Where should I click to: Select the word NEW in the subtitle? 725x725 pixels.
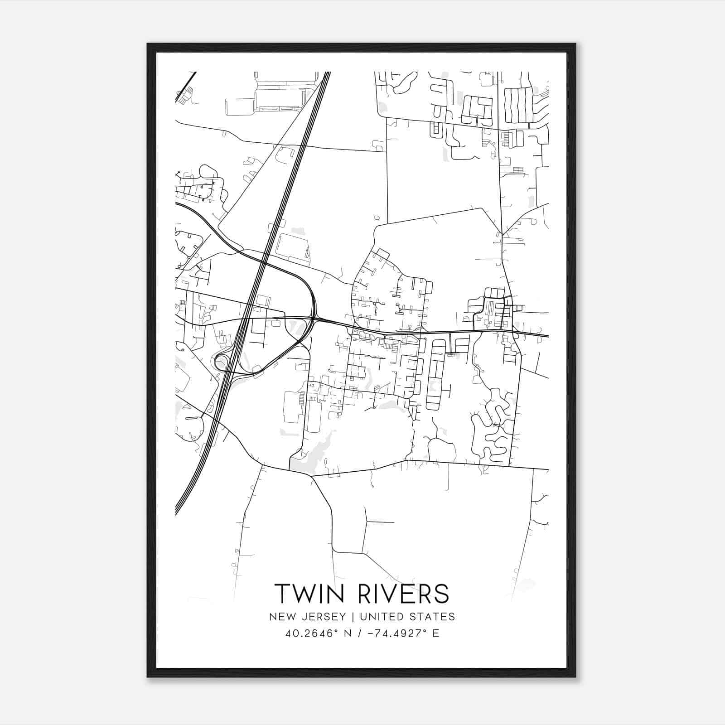(x=280, y=617)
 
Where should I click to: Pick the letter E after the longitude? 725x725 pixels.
(x=435, y=633)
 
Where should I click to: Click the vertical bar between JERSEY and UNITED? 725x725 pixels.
(x=347, y=617)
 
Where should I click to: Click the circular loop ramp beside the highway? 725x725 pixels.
(x=222, y=362)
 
